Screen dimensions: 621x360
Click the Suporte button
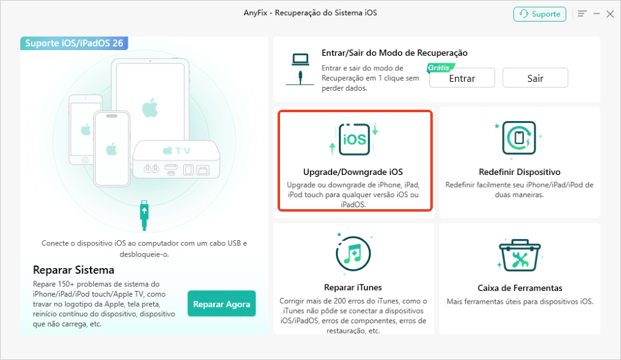pyautogui.click(x=540, y=14)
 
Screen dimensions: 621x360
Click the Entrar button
pyautogui.click(x=462, y=78)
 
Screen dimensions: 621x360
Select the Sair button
pyautogui.click(x=535, y=78)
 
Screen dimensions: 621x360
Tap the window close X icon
pyautogui.click(x=610, y=14)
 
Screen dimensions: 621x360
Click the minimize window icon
pyautogui.click(x=596, y=14)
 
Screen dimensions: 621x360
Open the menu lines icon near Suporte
pyautogui.click(x=582, y=14)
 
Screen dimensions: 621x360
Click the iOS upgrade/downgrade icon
pyautogui.click(x=354, y=139)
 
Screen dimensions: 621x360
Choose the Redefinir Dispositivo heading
pyautogui.click(x=519, y=172)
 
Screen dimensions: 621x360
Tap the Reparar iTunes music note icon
pyautogui.click(x=354, y=253)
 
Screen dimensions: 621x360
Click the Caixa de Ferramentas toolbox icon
pyautogui.click(x=520, y=255)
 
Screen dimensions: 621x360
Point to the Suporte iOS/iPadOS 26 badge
pyautogui.click(x=74, y=43)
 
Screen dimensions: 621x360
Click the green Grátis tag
pyautogui.click(x=440, y=68)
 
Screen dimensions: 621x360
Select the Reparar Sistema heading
pyautogui.click(x=74, y=270)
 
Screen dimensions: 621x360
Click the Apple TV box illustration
pyautogui.click(x=176, y=159)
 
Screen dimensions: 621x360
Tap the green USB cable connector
pyautogui.click(x=144, y=215)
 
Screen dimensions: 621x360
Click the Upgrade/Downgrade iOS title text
pyautogui.click(x=353, y=172)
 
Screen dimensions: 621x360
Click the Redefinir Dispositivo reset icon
pyautogui.click(x=519, y=138)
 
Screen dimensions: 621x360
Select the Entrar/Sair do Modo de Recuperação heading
pyautogui.click(x=394, y=53)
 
